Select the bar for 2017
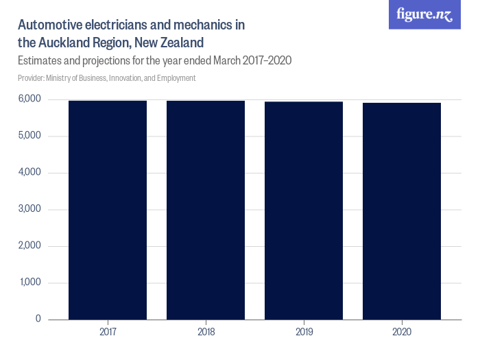click(108, 210)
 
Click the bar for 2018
click(206, 210)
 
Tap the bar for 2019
click(304, 211)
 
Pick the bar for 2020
click(402, 211)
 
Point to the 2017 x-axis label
click(108, 333)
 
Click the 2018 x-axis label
click(206, 333)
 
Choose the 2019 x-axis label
click(304, 333)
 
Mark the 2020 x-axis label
click(402, 333)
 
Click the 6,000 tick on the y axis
click(29, 99)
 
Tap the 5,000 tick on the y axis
click(29, 136)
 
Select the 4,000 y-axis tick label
click(29, 173)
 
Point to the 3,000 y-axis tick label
click(29, 209)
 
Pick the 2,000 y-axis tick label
click(29, 246)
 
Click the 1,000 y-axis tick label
click(29, 283)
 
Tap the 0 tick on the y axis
click(38, 320)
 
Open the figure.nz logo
click(424, 14)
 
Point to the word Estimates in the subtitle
click(40, 60)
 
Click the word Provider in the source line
click(32, 78)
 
